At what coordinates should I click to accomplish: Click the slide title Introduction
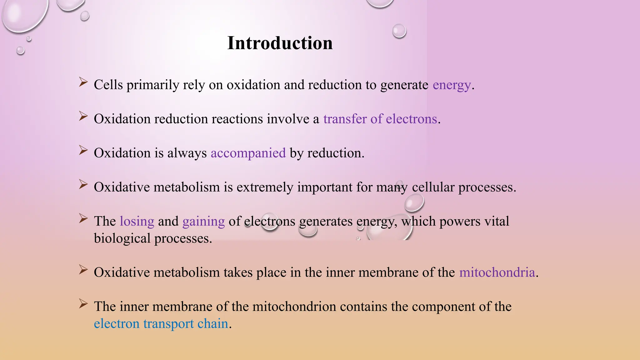(280, 43)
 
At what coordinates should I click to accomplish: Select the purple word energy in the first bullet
(452, 85)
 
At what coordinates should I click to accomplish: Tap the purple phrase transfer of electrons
(380, 119)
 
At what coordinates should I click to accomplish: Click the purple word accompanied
(248, 153)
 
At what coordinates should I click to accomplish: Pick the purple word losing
(137, 221)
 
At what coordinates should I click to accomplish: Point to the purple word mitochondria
(497, 272)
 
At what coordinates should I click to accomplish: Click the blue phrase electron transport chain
(161, 324)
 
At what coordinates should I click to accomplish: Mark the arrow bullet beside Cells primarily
(83, 82)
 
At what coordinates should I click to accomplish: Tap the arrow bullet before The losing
(83, 218)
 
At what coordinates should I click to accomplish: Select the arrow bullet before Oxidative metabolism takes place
(83, 270)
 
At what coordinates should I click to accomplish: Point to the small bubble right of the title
(399, 31)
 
